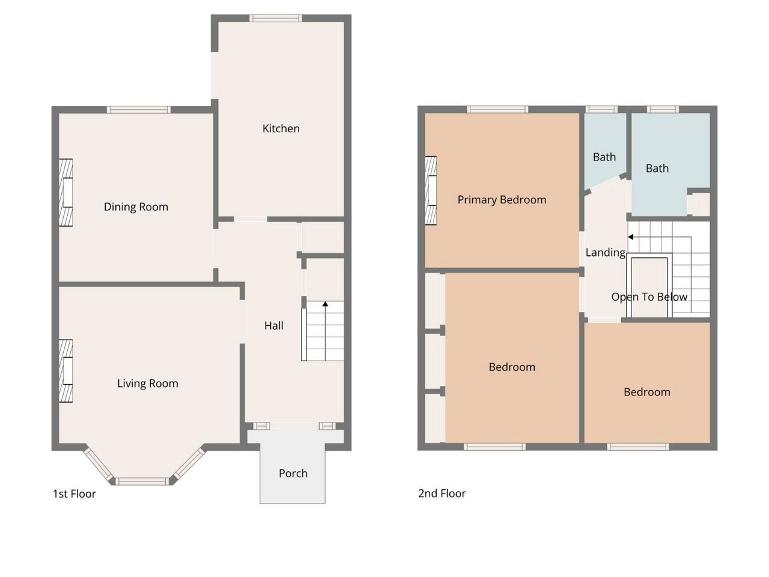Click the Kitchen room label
pyautogui.click(x=281, y=129)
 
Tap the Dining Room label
pyautogui.click(x=136, y=207)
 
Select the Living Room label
pyautogui.click(x=148, y=383)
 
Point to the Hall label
pyautogui.click(x=273, y=326)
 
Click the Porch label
pyautogui.click(x=293, y=473)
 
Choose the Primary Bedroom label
pyautogui.click(x=502, y=200)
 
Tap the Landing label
pyautogui.click(x=606, y=252)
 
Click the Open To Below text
pyautogui.click(x=649, y=297)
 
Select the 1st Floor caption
pyautogui.click(x=74, y=494)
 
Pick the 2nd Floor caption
pyautogui.click(x=442, y=493)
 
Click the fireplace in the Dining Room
pyautogui.click(x=66, y=193)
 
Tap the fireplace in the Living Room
pyautogui.click(x=66, y=371)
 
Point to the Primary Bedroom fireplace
pyautogui.click(x=431, y=191)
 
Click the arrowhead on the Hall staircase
pyautogui.click(x=325, y=304)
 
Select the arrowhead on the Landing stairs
pyautogui.click(x=630, y=237)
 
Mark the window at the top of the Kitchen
pyautogui.click(x=275, y=18)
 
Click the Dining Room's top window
pyautogui.click(x=139, y=109)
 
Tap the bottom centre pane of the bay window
pyautogui.click(x=142, y=481)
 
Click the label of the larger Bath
pyautogui.click(x=657, y=168)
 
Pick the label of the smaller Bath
pyautogui.click(x=604, y=157)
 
